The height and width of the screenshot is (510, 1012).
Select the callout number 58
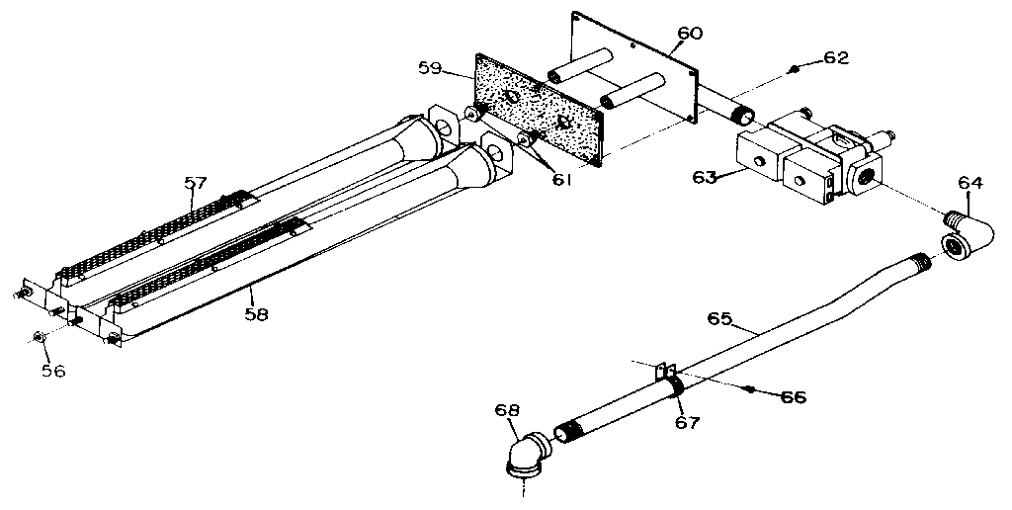pyautogui.click(x=255, y=314)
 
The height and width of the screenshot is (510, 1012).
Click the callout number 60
pyautogui.click(x=690, y=34)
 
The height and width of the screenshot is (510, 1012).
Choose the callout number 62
pyautogui.click(x=836, y=58)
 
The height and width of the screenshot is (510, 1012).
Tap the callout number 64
pyautogui.click(x=971, y=182)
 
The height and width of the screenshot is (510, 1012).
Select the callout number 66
pyautogui.click(x=793, y=397)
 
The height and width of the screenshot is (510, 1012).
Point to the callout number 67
pyautogui.click(x=688, y=422)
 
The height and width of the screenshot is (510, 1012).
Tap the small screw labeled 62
pyautogui.click(x=795, y=68)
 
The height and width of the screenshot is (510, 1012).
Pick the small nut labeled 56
pyautogui.click(x=39, y=338)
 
